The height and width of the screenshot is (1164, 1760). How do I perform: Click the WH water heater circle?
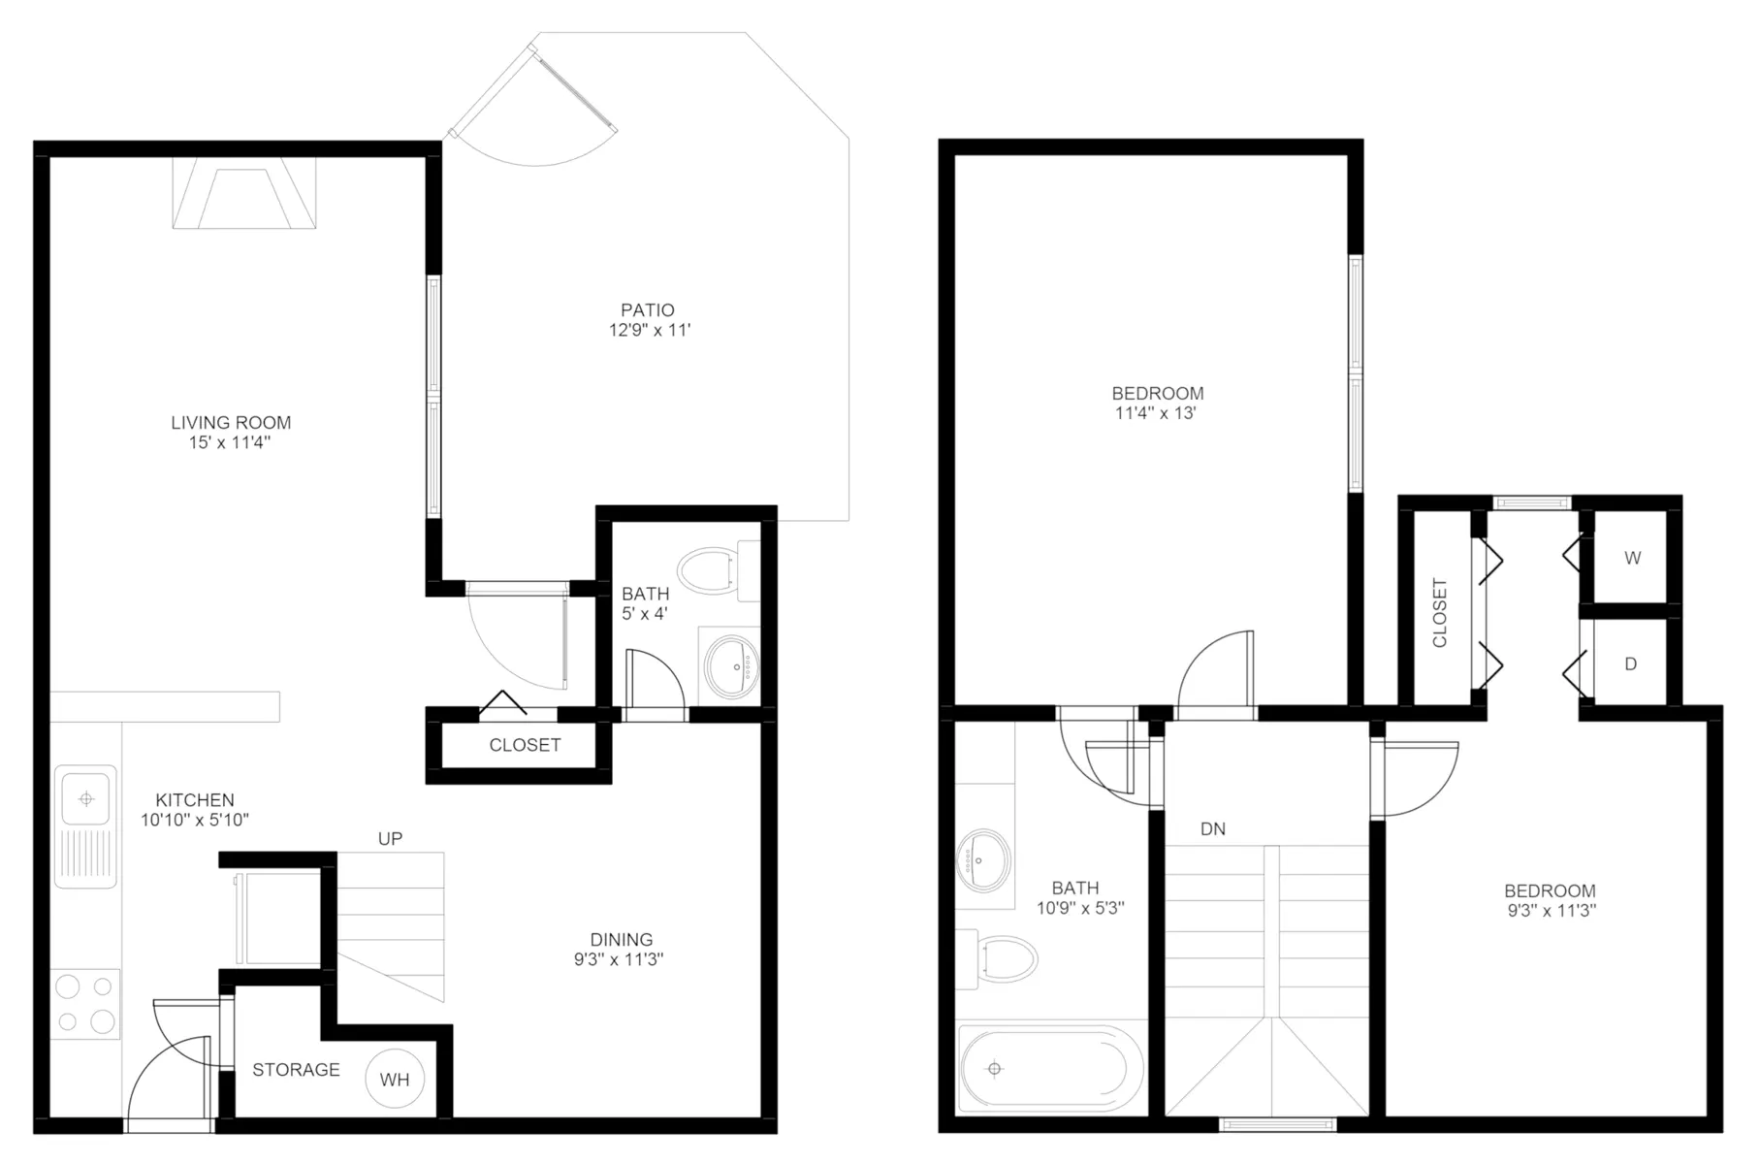395,1080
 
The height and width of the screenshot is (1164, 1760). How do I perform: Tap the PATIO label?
648,310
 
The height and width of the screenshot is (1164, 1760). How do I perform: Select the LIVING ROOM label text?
231,423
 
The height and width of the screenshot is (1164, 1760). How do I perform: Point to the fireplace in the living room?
244,193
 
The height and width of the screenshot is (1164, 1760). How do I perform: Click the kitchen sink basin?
86,799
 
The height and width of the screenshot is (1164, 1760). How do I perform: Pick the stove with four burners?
85,1004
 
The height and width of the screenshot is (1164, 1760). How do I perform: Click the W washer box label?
1633,559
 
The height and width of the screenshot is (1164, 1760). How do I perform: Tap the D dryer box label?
1631,664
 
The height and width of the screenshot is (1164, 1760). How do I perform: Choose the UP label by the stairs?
390,839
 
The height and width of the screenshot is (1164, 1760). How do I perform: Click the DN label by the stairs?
1213,829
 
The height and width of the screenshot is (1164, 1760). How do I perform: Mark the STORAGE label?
296,1070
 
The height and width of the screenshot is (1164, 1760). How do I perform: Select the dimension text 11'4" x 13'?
1156,413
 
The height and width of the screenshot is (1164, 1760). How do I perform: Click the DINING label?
622,940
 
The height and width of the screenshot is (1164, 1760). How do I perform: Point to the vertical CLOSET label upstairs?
1440,613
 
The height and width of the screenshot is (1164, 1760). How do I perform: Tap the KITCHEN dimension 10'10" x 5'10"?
195,821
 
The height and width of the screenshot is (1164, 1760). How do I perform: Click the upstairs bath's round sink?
982,859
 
